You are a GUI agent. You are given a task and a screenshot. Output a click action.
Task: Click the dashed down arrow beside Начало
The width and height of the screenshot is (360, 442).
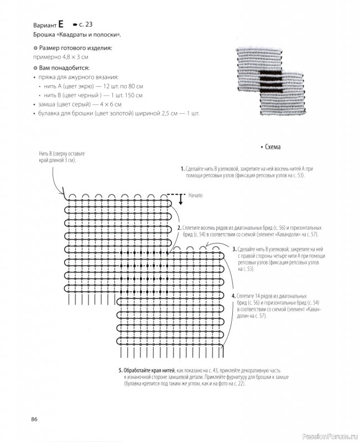coord(180,198)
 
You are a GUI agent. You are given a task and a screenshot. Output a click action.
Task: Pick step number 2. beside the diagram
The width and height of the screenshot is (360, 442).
coord(179,228)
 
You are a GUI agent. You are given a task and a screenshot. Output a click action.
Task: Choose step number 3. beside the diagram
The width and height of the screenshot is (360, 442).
coord(234,249)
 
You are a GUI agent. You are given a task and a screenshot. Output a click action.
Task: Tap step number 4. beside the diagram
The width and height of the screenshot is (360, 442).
coord(234,296)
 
